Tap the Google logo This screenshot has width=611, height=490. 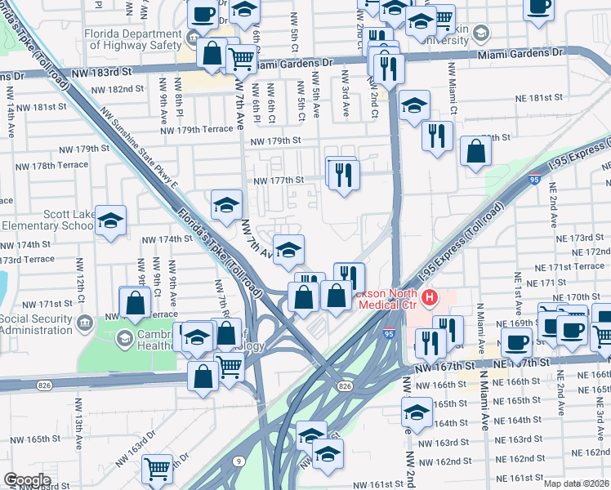tap(27, 480)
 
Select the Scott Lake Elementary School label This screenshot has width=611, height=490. tap(47, 220)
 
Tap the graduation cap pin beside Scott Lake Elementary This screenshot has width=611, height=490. tap(110, 221)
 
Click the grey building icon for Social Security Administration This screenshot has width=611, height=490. tap(84, 322)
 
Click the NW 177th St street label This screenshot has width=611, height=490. tap(279, 180)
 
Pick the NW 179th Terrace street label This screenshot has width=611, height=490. tap(197, 130)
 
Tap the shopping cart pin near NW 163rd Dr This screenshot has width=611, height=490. tap(157, 468)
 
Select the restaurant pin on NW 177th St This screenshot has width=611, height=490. tap(343, 175)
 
